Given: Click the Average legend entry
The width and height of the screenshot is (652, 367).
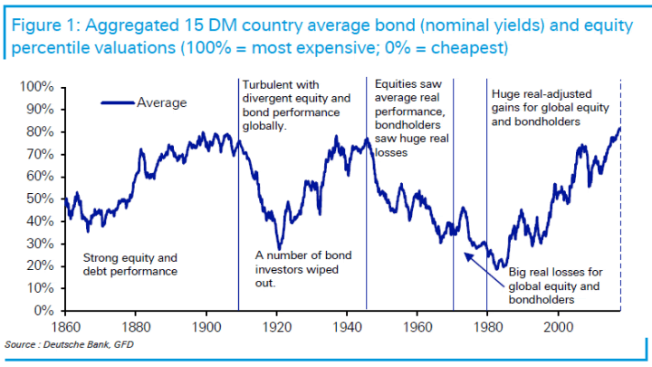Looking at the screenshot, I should pos(161,102).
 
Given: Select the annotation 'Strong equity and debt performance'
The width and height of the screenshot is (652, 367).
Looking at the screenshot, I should pos(129,263).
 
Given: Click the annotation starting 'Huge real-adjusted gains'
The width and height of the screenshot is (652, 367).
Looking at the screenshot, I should pos(548,107).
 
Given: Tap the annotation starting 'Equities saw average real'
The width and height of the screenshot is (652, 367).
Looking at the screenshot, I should pos(410,117).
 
